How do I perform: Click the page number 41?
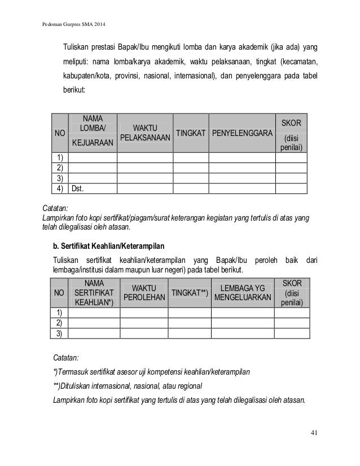tap(314, 433)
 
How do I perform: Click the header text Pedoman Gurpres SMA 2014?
tap(74, 26)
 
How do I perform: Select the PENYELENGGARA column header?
tap(242, 133)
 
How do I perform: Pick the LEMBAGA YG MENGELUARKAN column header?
tap(243, 293)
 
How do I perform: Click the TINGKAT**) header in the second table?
tap(190, 293)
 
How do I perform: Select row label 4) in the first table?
tap(58, 189)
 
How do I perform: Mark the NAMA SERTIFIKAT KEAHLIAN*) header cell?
tap(92, 292)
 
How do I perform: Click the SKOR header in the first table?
tap(291, 123)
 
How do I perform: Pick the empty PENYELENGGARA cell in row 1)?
tap(242, 159)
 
